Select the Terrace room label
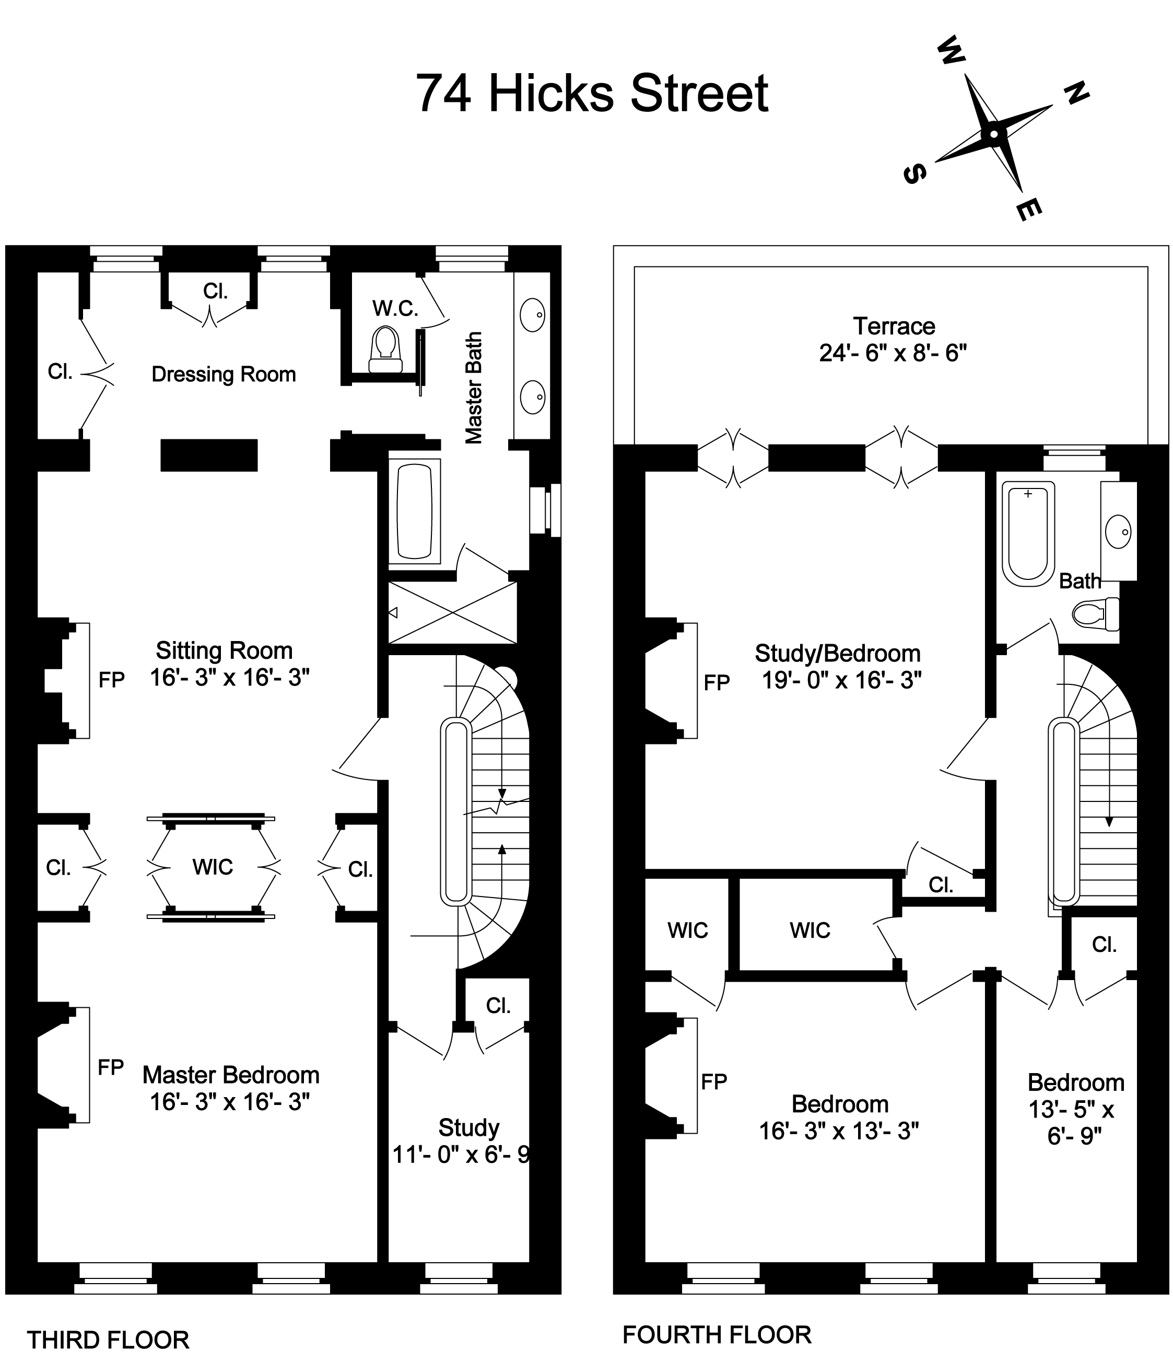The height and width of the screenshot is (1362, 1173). (894, 326)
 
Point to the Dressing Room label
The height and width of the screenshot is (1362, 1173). (224, 374)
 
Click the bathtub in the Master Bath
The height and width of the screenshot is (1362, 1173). (415, 511)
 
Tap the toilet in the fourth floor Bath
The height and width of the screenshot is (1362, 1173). (1096, 614)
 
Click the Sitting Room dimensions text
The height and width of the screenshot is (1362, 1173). (229, 677)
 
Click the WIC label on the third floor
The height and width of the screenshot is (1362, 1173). (212, 867)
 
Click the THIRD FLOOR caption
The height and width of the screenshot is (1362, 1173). (108, 1339)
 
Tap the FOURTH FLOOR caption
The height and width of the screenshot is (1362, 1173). (717, 1334)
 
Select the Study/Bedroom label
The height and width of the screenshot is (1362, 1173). (837, 654)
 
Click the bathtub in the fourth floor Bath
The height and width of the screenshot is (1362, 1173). (1028, 534)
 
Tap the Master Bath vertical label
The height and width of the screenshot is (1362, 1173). (474, 388)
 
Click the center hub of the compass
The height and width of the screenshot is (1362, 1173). (993, 135)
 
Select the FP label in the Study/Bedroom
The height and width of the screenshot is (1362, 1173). (717, 683)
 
